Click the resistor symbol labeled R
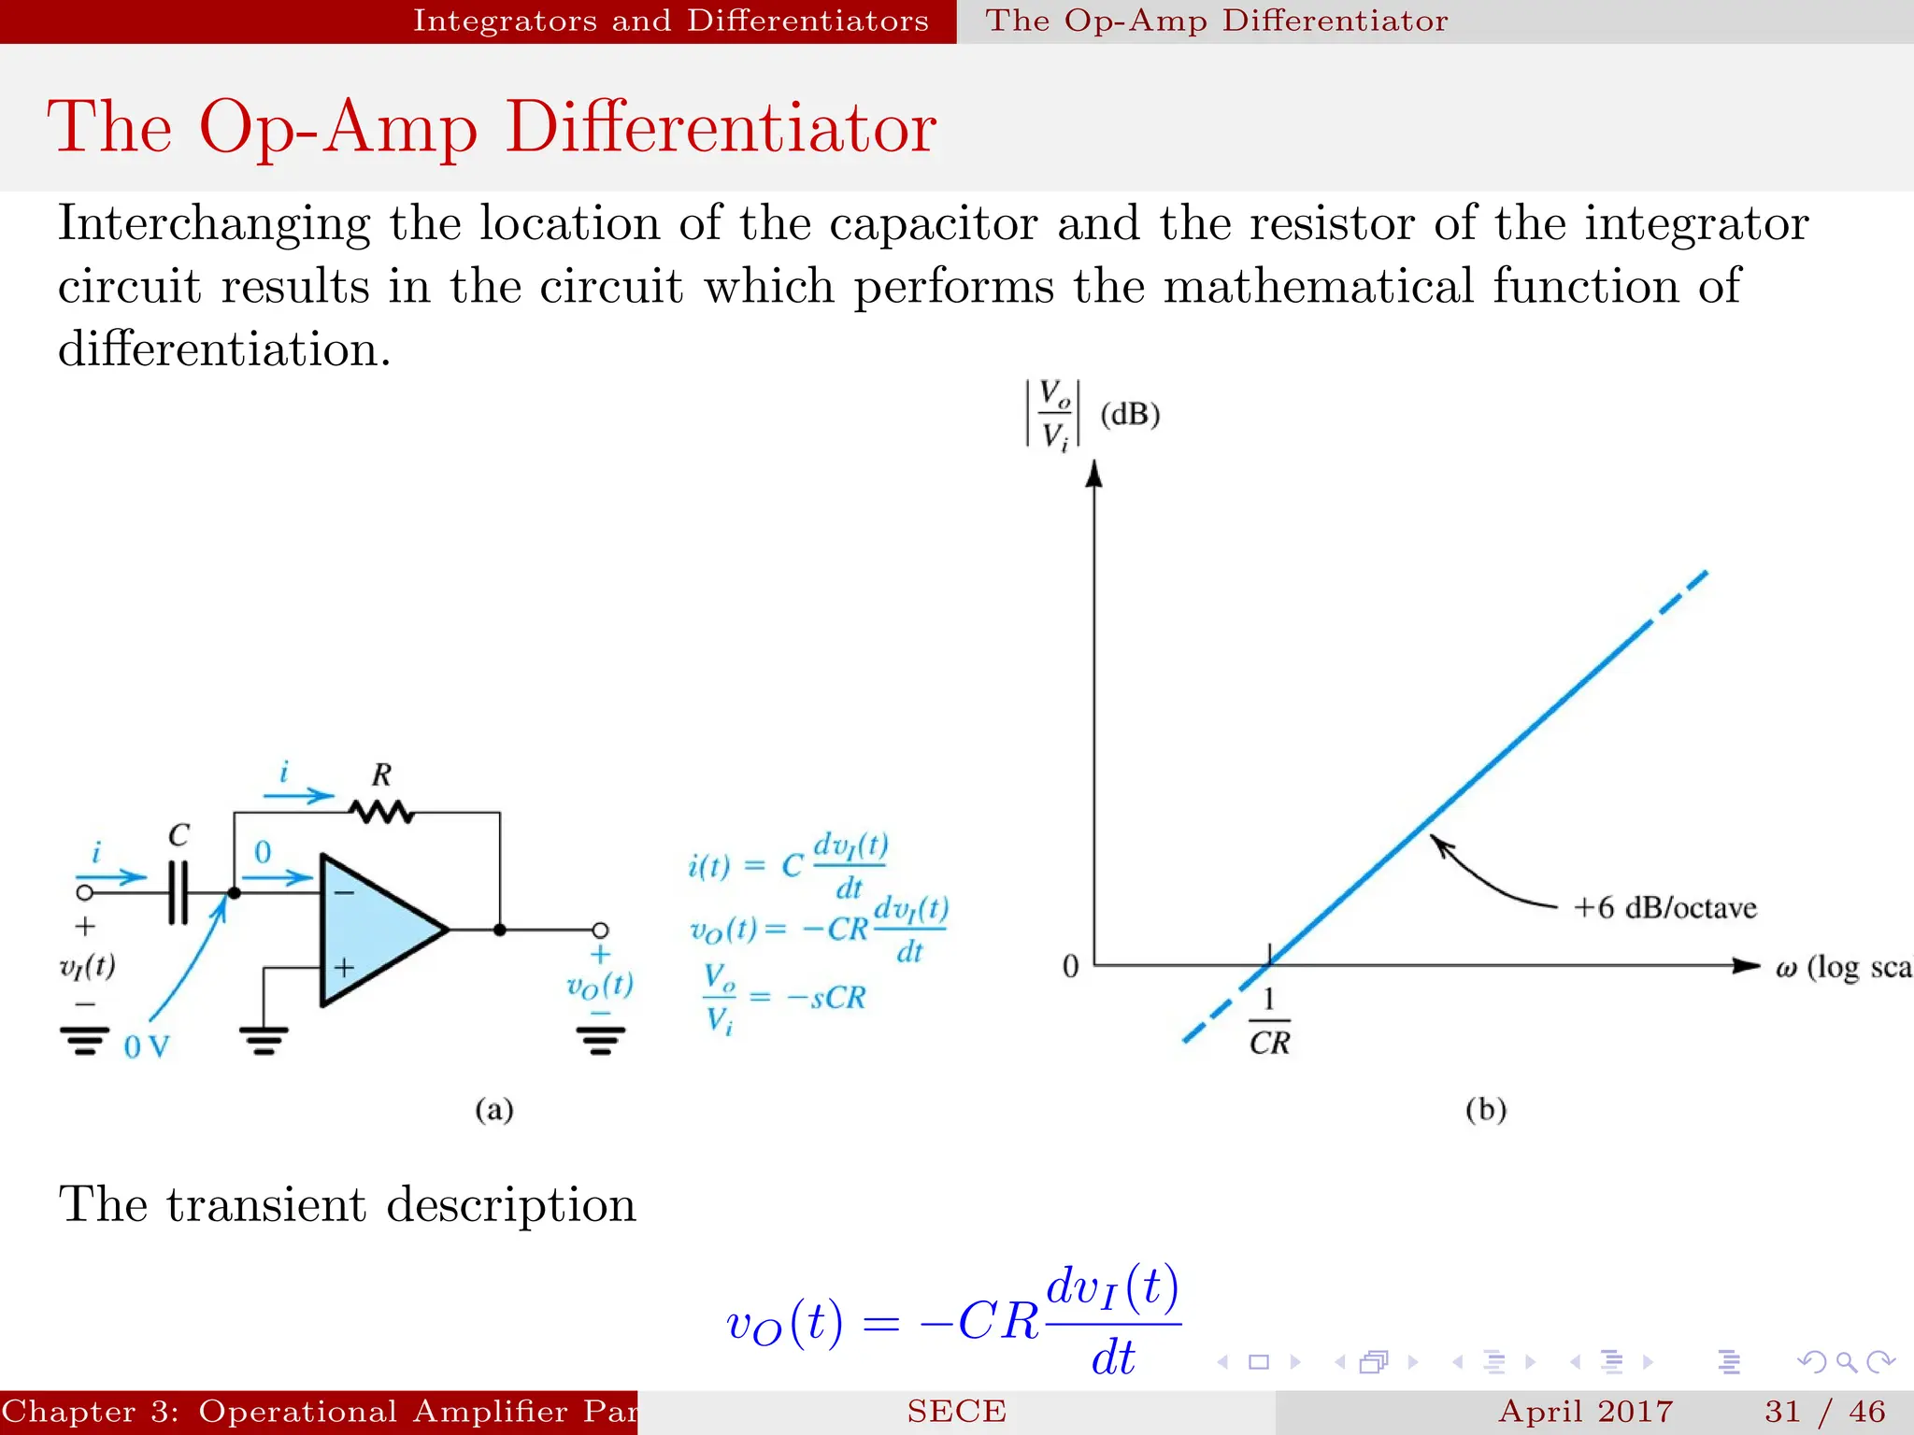[x=381, y=812]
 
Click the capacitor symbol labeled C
[x=178, y=892]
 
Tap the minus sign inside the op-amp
[x=344, y=893]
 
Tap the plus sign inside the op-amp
[x=344, y=967]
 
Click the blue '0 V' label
[x=147, y=1046]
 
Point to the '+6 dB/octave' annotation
[x=1664, y=907]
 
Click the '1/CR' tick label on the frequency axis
[x=1269, y=1023]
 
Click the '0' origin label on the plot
[x=1071, y=966]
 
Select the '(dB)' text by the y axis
[x=1130, y=414]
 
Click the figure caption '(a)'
[x=494, y=1109]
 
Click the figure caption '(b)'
[x=1485, y=1109]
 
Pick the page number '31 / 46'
[x=1824, y=1411]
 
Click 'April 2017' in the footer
[x=1585, y=1411]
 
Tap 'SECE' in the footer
[x=956, y=1411]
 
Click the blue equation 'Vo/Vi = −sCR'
[x=785, y=999]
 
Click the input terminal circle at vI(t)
[x=85, y=892]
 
